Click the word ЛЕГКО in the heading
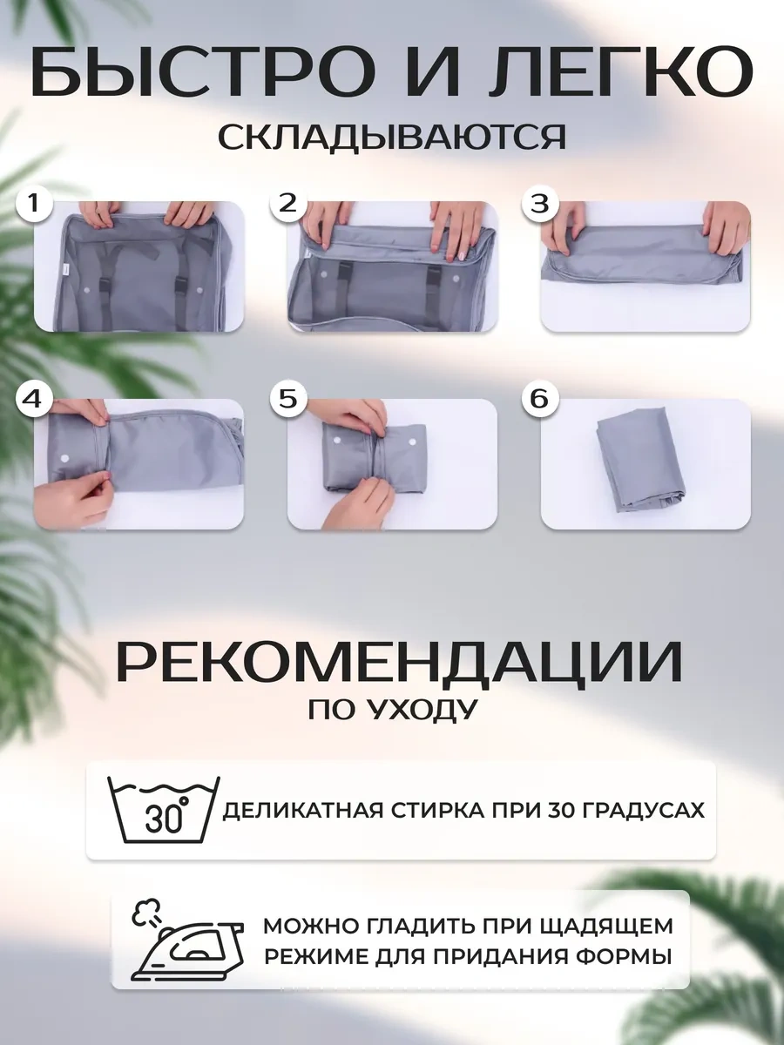pyautogui.click(x=636, y=72)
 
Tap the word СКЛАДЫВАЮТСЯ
pyautogui.click(x=391, y=137)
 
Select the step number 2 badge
pyautogui.click(x=287, y=204)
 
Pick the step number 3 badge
pyautogui.click(x=539, y=204)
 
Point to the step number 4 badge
pyautogui.click(x=33, y=400)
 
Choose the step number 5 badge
pyautogui.click(x=287, y=400)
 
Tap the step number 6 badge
pyautogui.click(x=539, y=400)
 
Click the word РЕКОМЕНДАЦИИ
pyautogui.click(x=398, y=664)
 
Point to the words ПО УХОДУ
pyautogui.click(x=392, y=711)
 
